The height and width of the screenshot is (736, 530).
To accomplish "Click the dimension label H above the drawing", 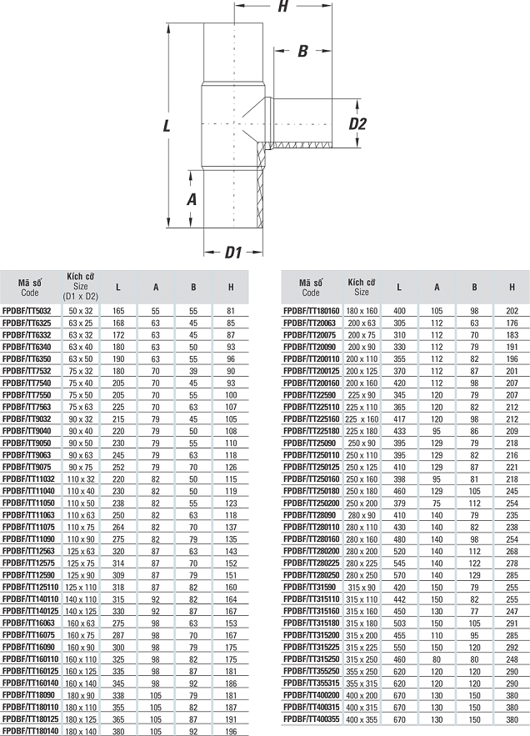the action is click(x=282, y=7).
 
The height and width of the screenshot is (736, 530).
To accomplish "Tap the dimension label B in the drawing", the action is click(x=302, y=51).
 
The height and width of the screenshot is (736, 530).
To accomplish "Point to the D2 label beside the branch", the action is click(x=357, y=123).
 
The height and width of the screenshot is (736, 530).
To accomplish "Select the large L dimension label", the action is click(x=167, y=126).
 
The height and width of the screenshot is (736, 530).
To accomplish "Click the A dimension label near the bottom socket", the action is click(x=192, y=199).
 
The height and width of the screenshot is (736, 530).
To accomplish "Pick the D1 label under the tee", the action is click(x=232, y=253).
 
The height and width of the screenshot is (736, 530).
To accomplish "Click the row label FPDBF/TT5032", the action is click(x=27, y=311).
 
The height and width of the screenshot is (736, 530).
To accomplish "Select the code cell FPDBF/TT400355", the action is click(x=311, y=719).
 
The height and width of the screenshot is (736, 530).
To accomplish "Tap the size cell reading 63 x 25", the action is click(x=81, y=323).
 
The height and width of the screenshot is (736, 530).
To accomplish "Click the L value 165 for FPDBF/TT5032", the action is click(x=118, y=311).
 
